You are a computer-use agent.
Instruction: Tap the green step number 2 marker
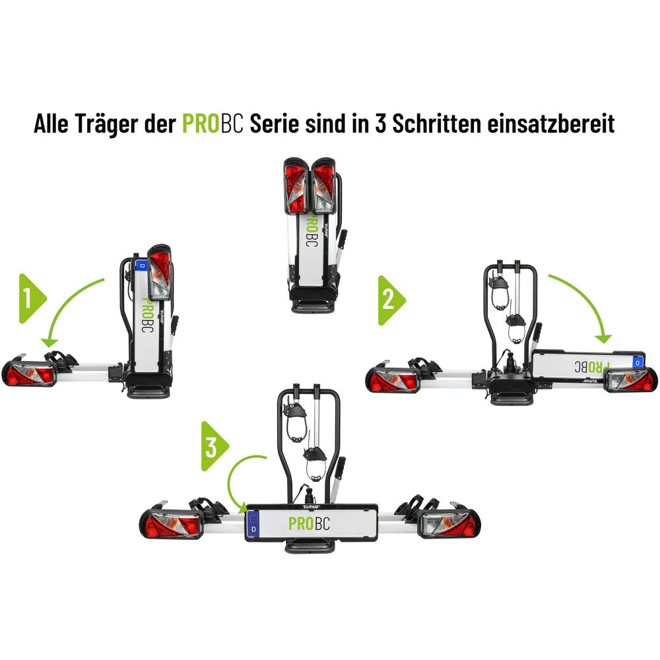point(389,300)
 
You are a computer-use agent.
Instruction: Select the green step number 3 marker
point(213,447)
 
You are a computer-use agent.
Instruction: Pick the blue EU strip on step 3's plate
point(253,524)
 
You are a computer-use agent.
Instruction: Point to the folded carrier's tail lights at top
point(310,187)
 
